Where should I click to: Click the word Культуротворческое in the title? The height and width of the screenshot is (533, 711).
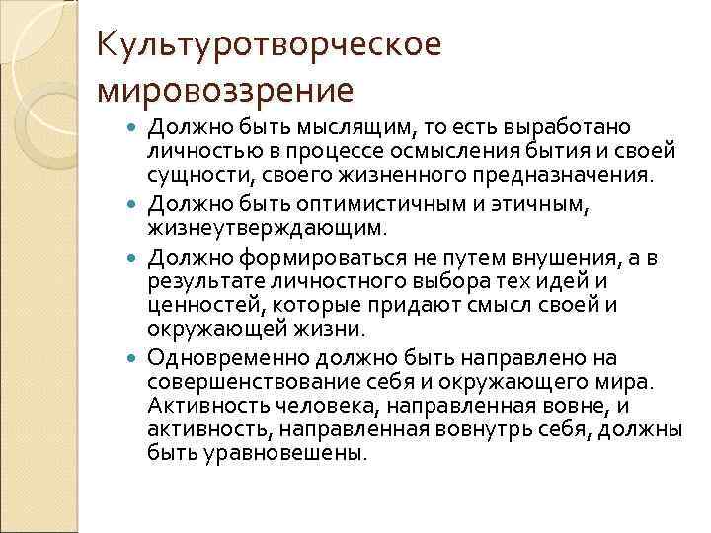pos(268,44)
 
